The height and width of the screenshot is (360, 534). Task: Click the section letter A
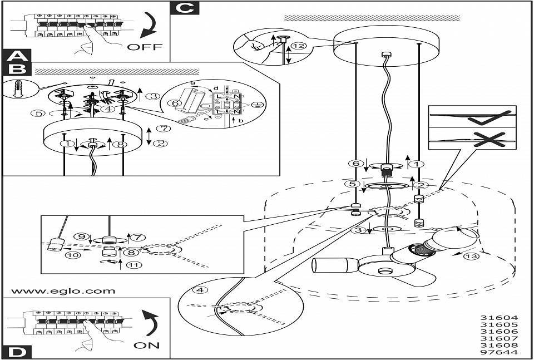[x=16, y=56]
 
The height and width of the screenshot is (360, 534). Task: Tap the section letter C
[x=185, y=7]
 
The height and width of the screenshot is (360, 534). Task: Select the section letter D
[x=16, y=352]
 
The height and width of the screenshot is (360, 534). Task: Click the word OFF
[x=145, y=47]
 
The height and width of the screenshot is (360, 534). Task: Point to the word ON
[x=146, y=346]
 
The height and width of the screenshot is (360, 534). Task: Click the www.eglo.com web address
[x=63, y=291]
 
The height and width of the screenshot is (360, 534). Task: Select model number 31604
[x=499, y=317]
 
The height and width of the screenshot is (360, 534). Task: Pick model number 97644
[x=499, y=352]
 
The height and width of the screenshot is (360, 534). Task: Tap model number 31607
[x=499, y=338]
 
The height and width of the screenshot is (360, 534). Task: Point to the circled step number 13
[x=471, y=257]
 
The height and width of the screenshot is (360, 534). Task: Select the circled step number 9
[x=81, y=236]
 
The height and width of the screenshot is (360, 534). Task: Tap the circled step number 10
[x=75, y=254]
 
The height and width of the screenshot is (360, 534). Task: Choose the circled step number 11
[x=134, y=264]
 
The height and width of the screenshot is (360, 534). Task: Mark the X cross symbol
[x=489, y=140]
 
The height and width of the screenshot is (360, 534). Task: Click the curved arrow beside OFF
[x=149, y=24]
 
